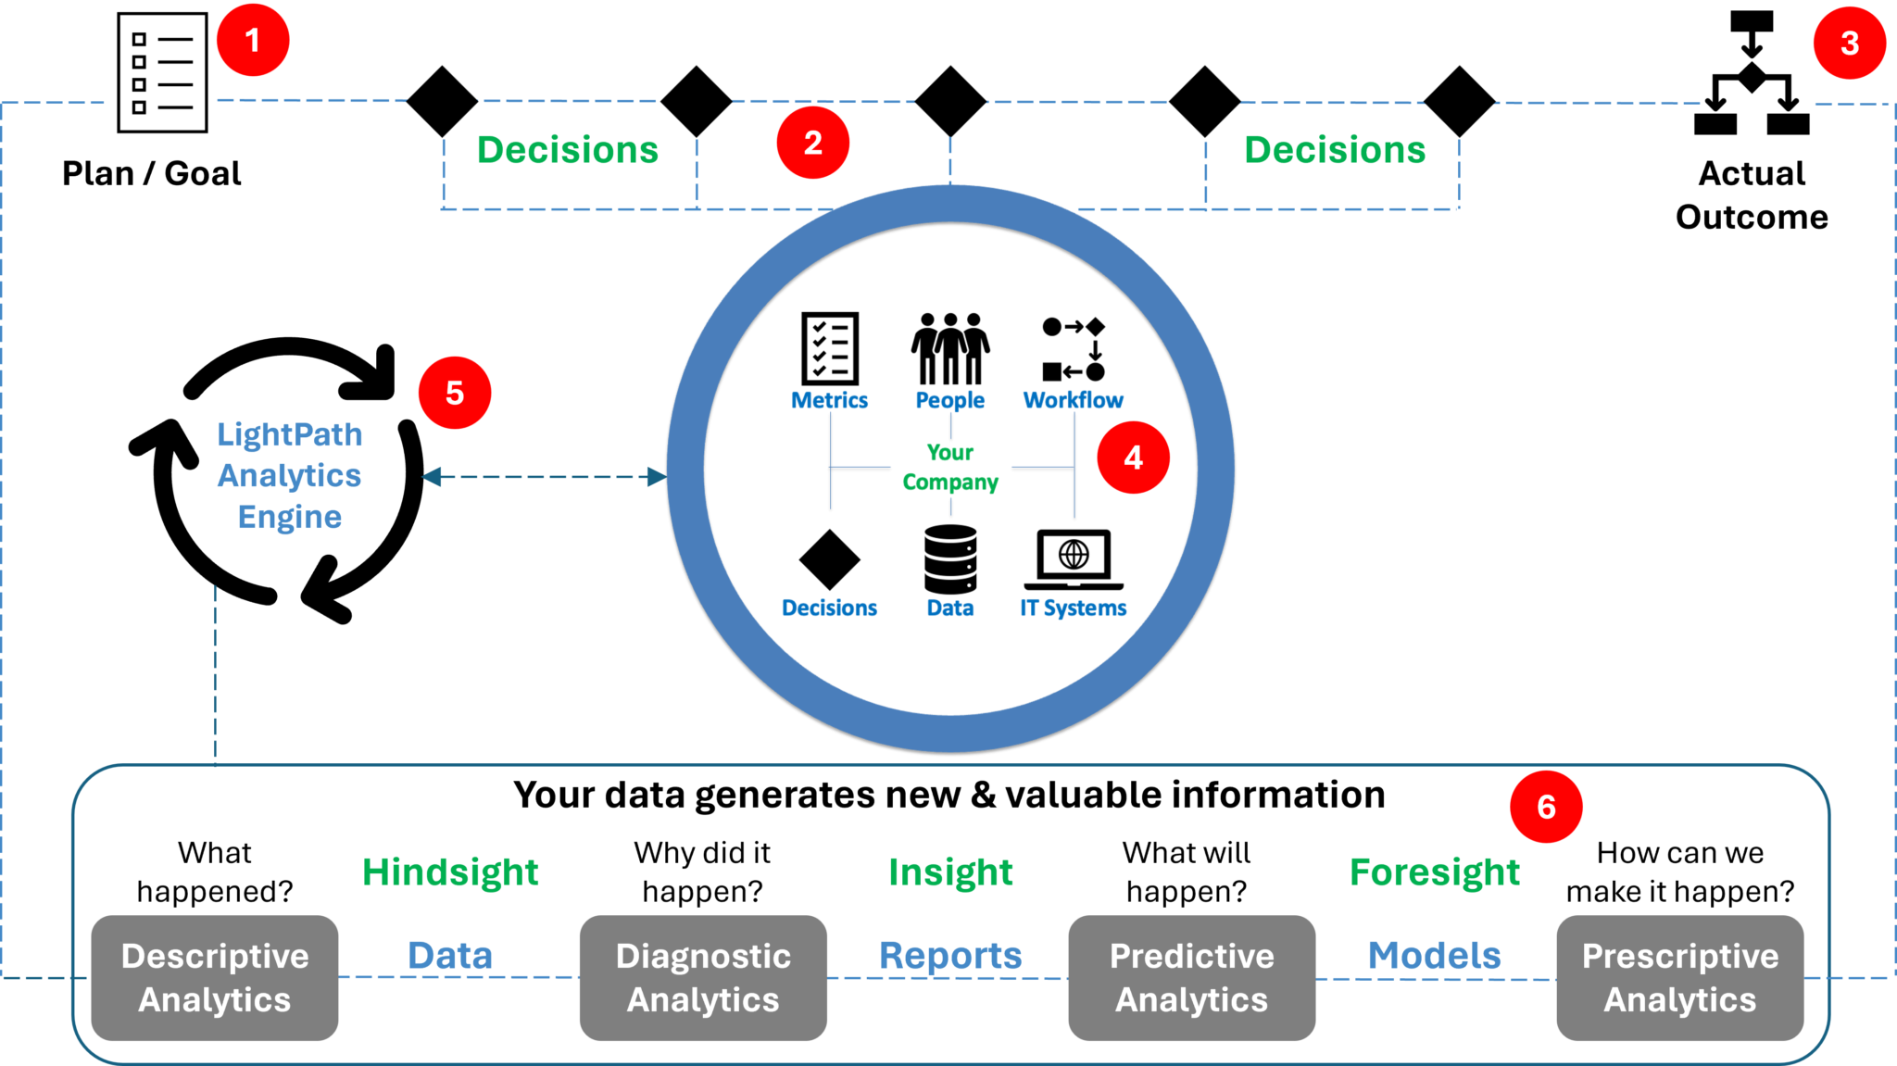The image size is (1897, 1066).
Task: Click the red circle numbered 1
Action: pyautogui.click(x=253, y=41)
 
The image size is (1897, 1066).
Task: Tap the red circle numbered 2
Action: pyautogui.click(x=812, y=143)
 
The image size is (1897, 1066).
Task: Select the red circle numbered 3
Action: pyautogui.click(x=1849, y=43)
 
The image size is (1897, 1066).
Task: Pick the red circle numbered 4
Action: pyautogui.click(x=1133, y=458)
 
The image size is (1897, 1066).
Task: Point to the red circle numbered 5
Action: pyautogui.click(x=454, y=393)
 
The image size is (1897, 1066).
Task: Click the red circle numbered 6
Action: pyautogui.click(x=1546, y=807)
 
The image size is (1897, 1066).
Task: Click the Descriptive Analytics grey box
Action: pyautogui.click(x=215, y=978)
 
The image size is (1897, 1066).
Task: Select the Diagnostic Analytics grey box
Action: pyautogui.click(x=703, y=978)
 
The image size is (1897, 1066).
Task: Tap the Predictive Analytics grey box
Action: pyautogui.click(x=1191, y=978)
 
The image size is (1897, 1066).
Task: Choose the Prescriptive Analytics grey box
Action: pyautogui.click(x=1679, y=978)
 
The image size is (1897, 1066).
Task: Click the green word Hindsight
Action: pyautogui.click(x=450, y=872)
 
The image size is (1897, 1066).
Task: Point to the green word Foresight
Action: pyautogui.click(x=1435, y=872)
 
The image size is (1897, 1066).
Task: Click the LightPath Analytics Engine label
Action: pyautogui.click(x=290, y=476)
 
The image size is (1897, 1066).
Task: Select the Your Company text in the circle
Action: pyautogui.click(x=950, y=467)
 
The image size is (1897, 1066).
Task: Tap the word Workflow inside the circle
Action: pyautogui.click(x=1073, y=400)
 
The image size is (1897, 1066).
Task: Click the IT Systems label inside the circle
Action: pyautogui.click(x=1073, y=608)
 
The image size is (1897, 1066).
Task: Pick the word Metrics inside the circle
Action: pyautogui.click(x=829, y=400)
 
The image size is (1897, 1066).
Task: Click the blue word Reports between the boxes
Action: pyautogui.click(x=950, y=956)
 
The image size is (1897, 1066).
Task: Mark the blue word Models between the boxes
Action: pyautogui.click(x=1434, y=956)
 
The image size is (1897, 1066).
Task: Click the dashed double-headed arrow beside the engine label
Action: pyautogui.click(x=544, y=477)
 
